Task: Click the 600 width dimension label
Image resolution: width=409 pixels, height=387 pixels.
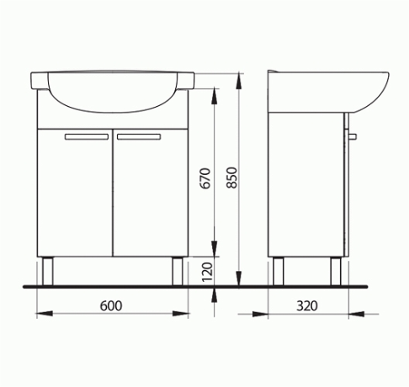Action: [x=111, y=305]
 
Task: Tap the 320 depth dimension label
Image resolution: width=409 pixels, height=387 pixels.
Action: [x=307, y=305]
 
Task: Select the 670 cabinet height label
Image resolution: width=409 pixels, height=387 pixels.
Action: [x=205, y=178]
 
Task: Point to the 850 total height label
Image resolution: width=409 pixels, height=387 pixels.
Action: [x=232, y=178]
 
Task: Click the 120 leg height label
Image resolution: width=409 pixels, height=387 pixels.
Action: [x=207, y=272]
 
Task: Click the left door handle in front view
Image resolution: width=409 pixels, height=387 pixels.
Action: [x=87, y=136]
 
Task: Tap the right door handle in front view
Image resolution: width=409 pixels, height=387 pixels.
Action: [x=139, y=136]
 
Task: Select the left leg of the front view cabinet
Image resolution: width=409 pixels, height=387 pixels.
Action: [x=47, y=272]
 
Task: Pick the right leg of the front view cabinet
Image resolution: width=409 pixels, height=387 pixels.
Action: [x=178, y=272]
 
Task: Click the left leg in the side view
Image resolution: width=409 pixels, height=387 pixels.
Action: [x=279, y=272]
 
